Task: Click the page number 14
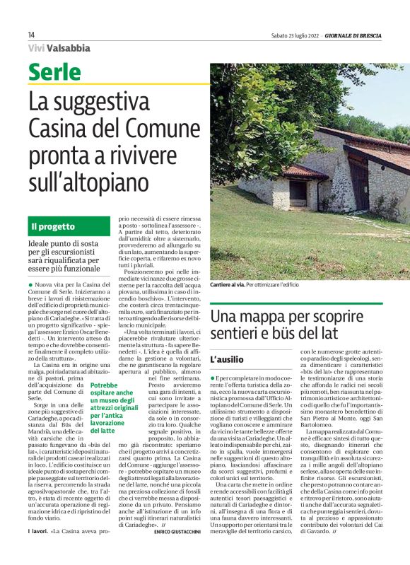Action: [31, 35]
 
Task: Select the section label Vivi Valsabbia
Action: [59, 48]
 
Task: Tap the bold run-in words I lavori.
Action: [39, 531]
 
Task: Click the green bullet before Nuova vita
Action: [30, 284]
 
